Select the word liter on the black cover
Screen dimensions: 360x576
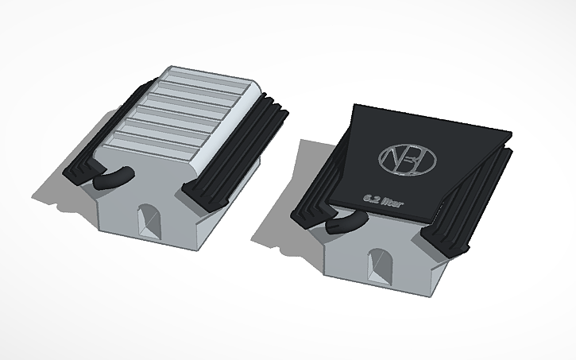tap(391, 203)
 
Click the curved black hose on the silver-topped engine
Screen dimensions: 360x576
tap(114, 176)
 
